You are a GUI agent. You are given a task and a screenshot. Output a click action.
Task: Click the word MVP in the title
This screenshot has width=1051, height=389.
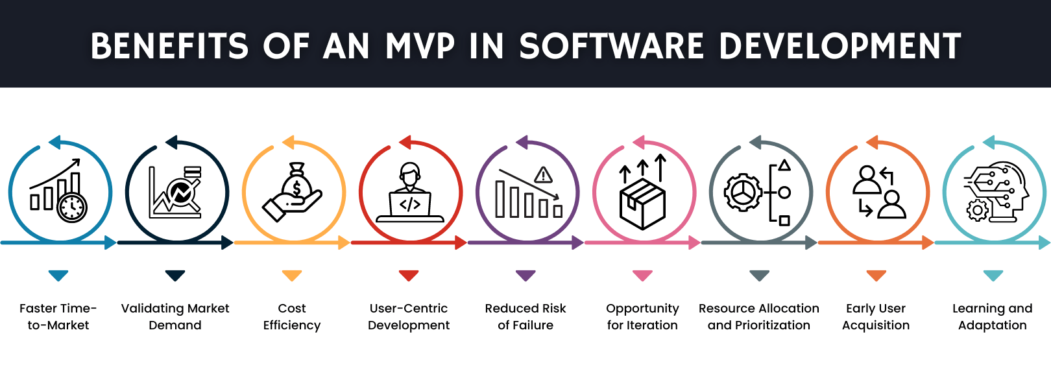tap(420, 47)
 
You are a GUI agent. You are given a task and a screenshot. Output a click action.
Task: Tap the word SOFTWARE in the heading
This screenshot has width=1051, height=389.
tap(612, 47)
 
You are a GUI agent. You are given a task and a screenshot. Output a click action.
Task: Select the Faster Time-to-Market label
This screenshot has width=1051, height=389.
tap(58, 316)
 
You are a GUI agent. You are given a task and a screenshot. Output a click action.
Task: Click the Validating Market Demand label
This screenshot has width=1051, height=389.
tap(175, 316)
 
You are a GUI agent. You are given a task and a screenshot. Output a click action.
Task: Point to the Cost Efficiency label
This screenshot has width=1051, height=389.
tap(292, 316)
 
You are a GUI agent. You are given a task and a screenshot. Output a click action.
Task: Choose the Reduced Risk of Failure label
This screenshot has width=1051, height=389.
tap(525, 316)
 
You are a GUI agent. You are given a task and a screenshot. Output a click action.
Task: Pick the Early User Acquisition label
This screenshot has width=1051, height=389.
tap(876, 316)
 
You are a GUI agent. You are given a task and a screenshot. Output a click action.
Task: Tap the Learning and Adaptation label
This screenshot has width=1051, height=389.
tap(993, 316)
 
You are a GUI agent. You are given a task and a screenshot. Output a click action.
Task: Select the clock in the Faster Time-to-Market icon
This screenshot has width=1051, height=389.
tap(72, 207)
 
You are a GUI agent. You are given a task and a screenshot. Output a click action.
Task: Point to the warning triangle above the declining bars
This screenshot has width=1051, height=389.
tap(543, 175)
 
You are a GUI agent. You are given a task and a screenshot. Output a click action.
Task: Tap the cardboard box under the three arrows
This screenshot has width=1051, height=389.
tap(642, 205)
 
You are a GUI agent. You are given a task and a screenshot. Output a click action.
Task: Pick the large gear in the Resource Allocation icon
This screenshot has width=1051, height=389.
tap(743, 193)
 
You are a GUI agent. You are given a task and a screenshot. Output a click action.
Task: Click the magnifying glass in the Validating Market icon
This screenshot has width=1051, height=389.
tap(181, 193)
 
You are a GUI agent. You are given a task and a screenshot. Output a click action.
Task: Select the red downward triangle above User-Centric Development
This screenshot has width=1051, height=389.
tap(409, 276)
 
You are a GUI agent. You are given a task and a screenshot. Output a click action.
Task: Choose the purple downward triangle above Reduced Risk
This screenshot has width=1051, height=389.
tap(525, 276)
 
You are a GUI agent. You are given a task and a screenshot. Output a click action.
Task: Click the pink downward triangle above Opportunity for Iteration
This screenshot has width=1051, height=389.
tap(642, 276)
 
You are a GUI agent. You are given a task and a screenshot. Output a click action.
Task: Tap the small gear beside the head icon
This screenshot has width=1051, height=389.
tap(977, 210)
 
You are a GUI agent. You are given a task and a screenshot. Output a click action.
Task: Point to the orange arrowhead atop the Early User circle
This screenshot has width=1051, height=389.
tap(872, 143)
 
